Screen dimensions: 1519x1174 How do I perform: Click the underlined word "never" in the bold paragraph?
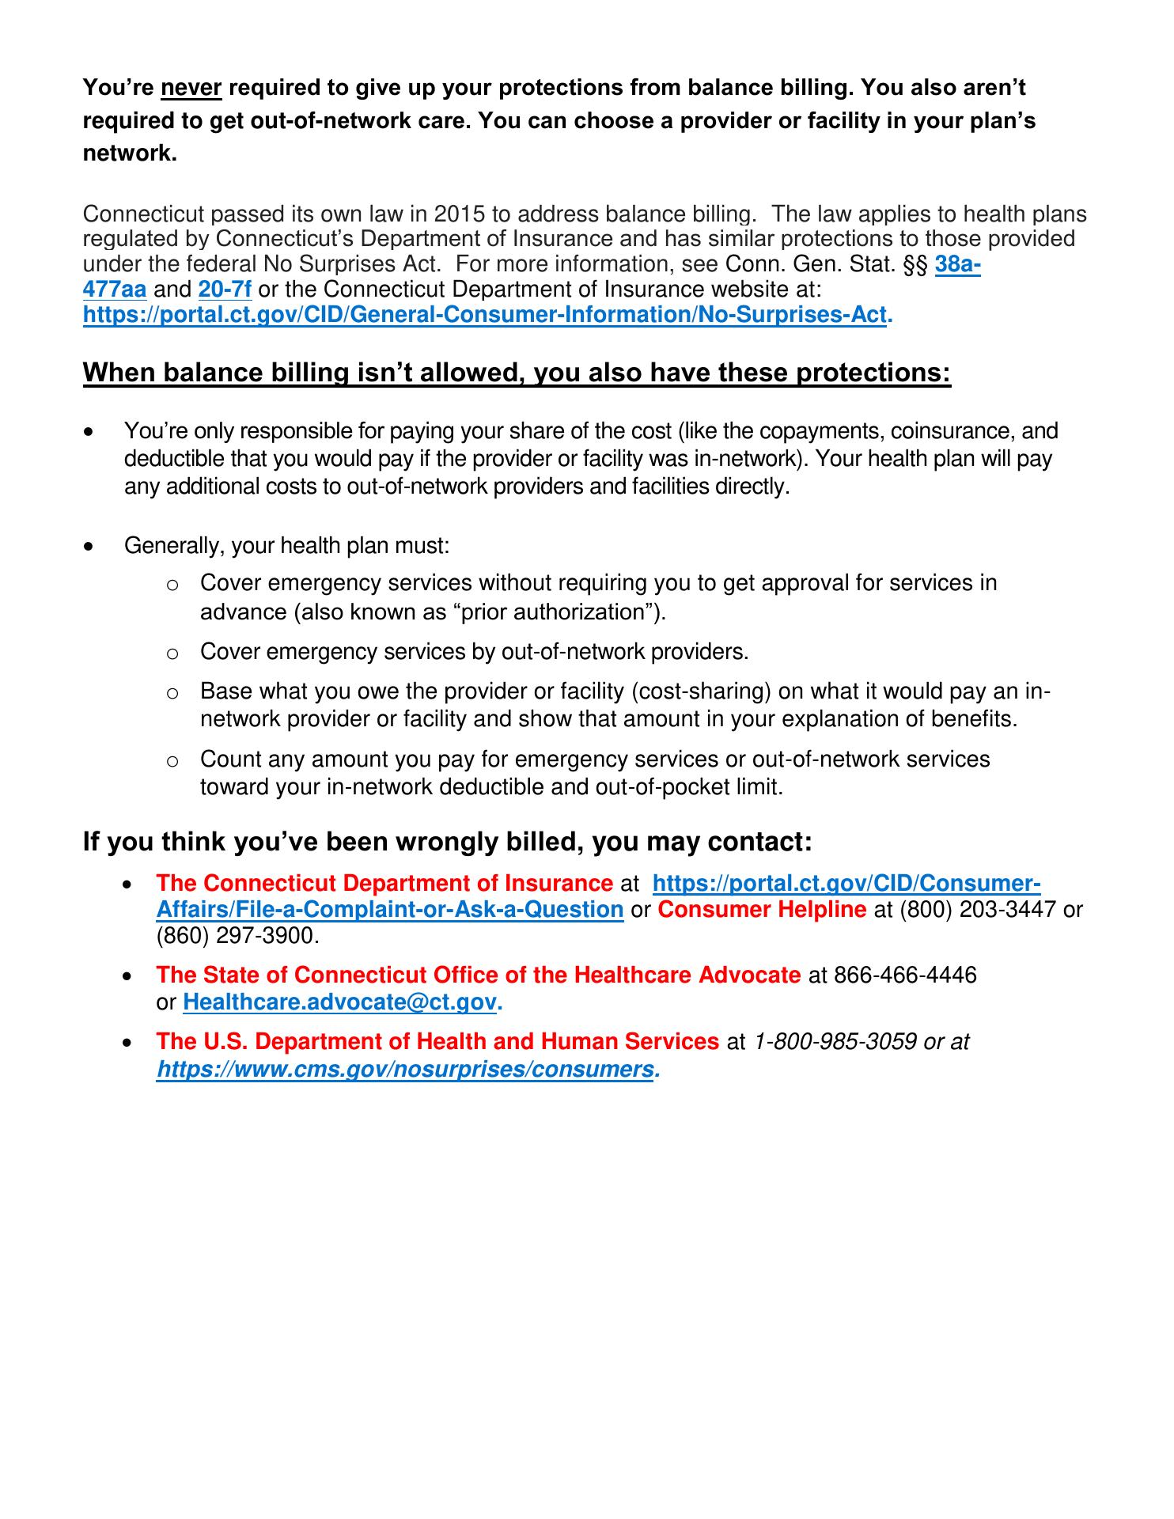[191, 88]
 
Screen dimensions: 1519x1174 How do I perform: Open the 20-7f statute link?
[225, 290]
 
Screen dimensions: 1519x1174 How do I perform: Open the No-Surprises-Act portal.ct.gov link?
[484, 314]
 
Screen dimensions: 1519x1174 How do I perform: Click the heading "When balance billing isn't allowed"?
[517, 373]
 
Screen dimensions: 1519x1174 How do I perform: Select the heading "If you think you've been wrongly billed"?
[447, 842]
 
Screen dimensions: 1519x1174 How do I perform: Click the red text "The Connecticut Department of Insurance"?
[384, 884]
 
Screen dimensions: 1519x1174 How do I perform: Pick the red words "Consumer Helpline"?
[762, 910]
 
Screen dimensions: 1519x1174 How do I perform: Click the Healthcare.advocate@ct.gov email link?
[340, 1002]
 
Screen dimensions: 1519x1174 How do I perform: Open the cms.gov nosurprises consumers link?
[406, 1070]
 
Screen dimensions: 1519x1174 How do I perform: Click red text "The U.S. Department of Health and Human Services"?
[437, 1042]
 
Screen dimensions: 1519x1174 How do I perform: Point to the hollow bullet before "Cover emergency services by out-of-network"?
[172, 653]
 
